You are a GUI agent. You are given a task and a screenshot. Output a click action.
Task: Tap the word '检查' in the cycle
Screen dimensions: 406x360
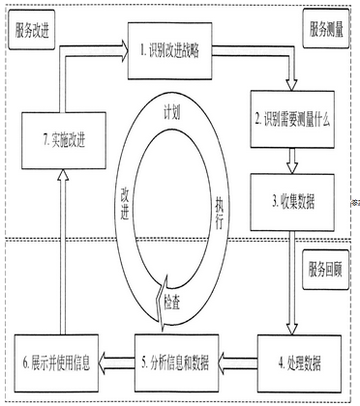pos(178,300)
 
